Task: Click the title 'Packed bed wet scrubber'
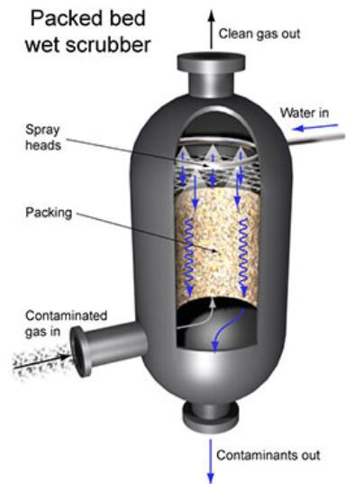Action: [x=88, y=31]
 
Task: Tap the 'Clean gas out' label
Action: [x=259, y=33]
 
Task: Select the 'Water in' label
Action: [x=305, y=113]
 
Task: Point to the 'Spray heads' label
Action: [x=43, y=137]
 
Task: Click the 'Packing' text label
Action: [x=49, y=213]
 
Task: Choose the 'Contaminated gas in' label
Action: [x=66, y=324]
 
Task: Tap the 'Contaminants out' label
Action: [x=268, y=455]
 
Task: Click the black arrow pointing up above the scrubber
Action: [x=212, y=29]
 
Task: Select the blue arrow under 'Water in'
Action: [x=315, y=126]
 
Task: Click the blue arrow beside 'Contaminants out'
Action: [x=211, y=461]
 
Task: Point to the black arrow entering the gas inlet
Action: [x=41, y=361]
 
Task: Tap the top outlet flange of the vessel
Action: [x=212, y=62]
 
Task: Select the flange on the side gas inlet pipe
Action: [x=80, y=351]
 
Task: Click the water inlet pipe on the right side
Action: [x=315, y=139]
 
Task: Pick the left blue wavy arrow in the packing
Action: [x=189, y=256]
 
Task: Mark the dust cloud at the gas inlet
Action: [x=41, y=361]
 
